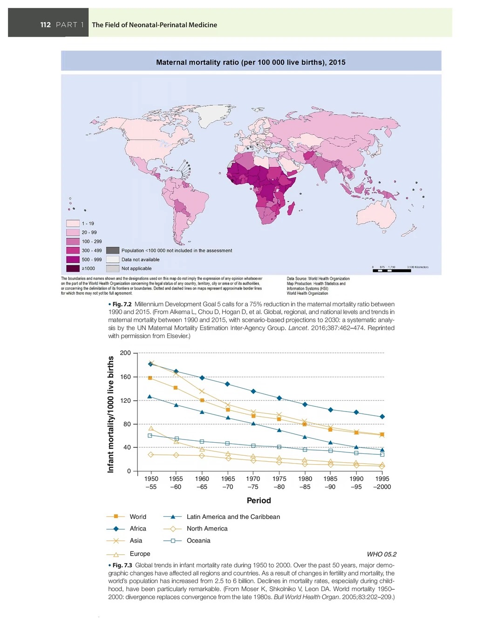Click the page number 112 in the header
point(46,25)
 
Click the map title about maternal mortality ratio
point(251,62)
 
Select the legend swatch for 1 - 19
point(73,223)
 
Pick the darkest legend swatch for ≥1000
point(73,268)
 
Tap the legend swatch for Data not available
point(113,259)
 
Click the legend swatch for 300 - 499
point(73,251)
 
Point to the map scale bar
point(392,270)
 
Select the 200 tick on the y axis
point(125,353)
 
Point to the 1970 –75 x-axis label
point(253,483)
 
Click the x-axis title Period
point(258,501)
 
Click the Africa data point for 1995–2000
point(382,417)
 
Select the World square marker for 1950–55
point(150,378)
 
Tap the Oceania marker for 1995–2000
point(382,454)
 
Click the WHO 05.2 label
point(381,554)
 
